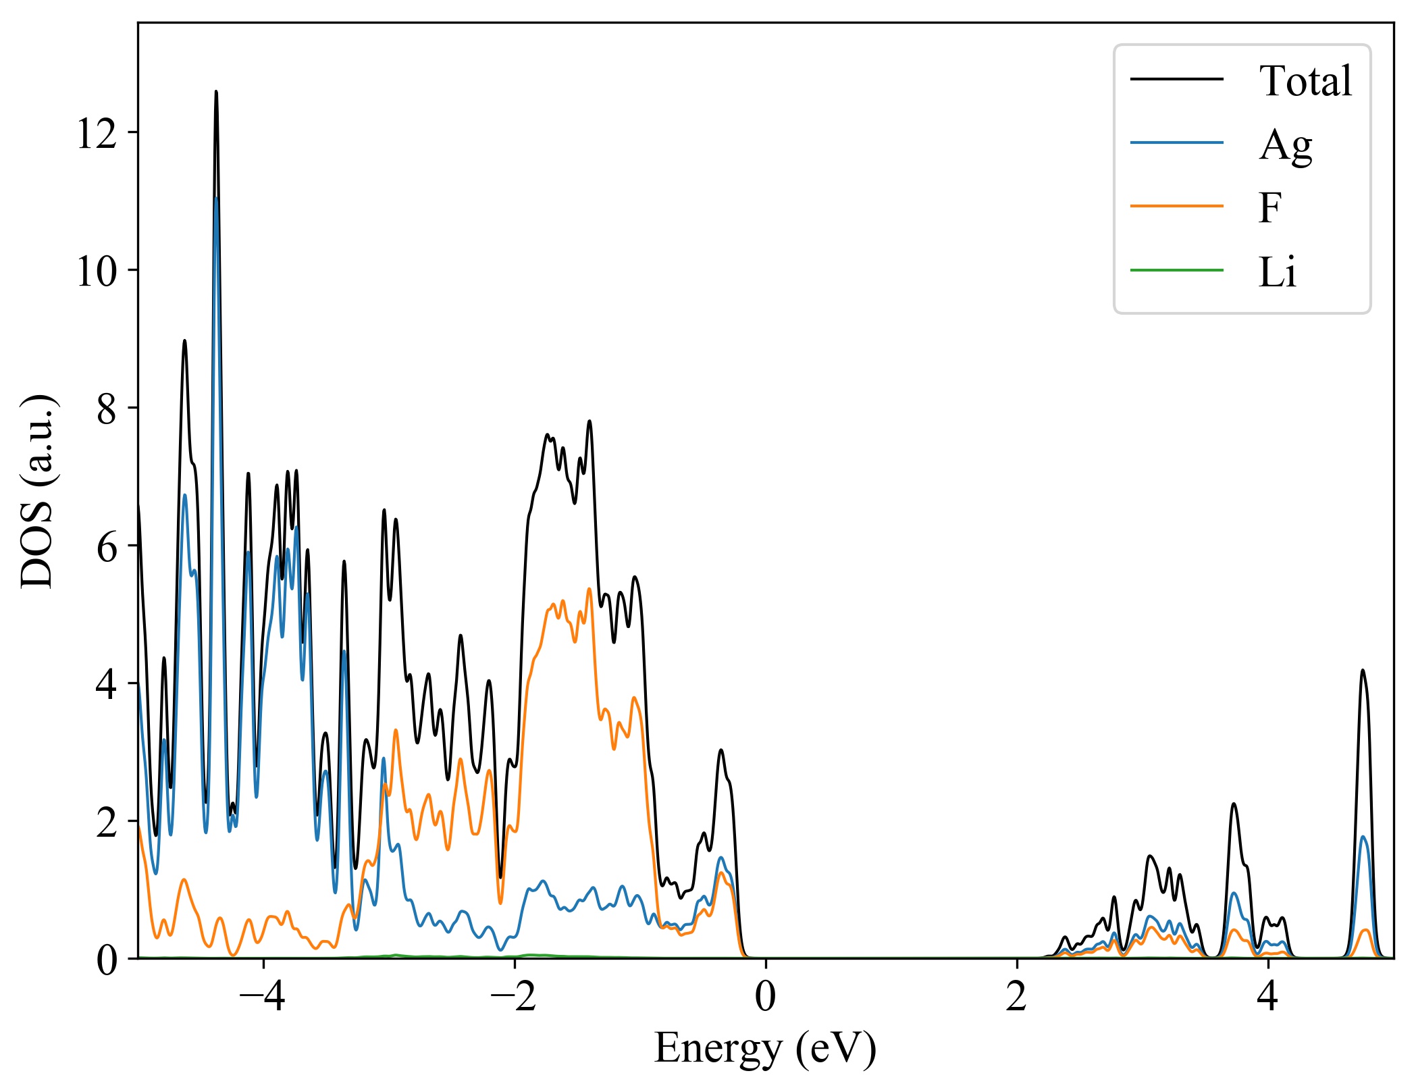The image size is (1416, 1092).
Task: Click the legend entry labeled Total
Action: [1305, 81]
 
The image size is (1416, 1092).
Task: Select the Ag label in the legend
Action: [1285, 145]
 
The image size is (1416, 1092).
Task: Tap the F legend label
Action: [1269, 208]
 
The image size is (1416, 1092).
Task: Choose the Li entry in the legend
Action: [1277, 272]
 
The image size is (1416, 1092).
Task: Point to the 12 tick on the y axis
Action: [97, 133]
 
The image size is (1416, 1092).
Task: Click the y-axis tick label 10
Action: [97, 271]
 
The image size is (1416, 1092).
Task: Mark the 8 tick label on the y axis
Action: [107, 409]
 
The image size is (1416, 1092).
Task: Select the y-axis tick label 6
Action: [107, 547]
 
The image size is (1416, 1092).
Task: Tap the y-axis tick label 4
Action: [107, 685]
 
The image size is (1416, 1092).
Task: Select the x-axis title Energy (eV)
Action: [765, 1049]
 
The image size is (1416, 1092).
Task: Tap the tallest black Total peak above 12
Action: [216, 92]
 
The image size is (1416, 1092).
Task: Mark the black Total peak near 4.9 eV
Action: [1363, 671]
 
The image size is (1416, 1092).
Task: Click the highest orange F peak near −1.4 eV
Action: [589, 589]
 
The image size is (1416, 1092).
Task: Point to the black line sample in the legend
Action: [1177, 80]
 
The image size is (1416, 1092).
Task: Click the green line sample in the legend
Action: [1177, 271]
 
